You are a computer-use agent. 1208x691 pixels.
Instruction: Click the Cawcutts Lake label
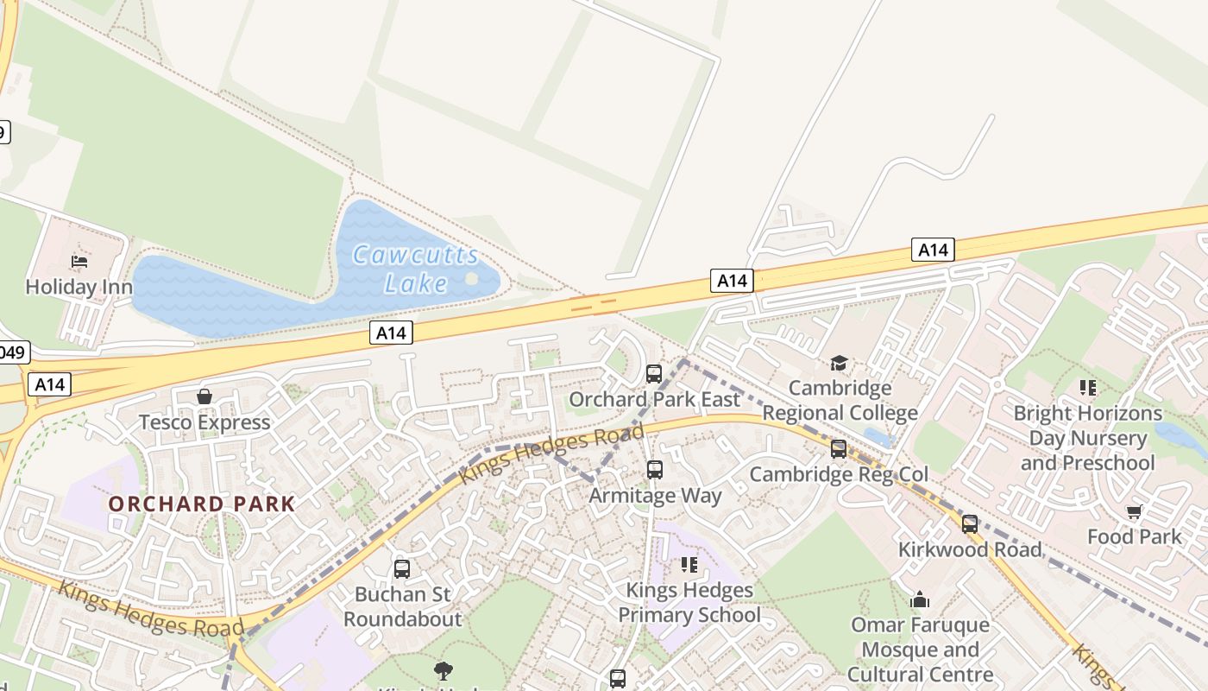(416, 269)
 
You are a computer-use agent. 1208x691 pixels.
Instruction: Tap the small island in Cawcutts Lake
(471, 278)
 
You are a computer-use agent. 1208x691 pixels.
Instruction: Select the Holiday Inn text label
(79, 287)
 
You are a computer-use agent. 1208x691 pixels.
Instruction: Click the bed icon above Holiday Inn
(79, 261)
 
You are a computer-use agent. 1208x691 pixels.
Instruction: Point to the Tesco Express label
(204, 422)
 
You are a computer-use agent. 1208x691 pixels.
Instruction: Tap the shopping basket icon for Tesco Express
(204, 396)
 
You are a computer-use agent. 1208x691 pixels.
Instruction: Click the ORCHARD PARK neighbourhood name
(202, 504)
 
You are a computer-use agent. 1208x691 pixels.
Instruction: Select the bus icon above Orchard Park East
(654, 374)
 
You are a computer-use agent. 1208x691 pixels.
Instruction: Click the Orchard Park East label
(654, 399)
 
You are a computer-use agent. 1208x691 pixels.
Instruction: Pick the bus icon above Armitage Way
(655, 470)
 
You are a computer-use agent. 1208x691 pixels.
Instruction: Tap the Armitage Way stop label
(655, 496)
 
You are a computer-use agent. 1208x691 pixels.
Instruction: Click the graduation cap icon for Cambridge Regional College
(839, 363)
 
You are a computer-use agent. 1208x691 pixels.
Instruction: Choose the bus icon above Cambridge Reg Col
(839, 449)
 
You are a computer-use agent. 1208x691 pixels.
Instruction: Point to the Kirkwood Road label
(970, 549)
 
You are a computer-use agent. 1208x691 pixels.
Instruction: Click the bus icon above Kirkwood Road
(970, 524)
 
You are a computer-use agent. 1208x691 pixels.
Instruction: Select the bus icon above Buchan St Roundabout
(402, 569)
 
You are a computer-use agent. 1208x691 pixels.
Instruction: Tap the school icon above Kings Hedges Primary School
(689, 565)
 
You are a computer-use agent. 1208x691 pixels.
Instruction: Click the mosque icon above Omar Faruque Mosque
(920, 599)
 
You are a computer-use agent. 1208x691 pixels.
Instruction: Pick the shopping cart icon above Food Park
(1134, 511)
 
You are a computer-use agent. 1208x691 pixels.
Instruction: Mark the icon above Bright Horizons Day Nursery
(1087, 388)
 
